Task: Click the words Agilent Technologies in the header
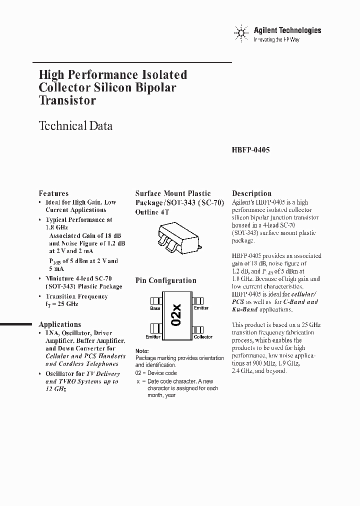tap(287, 30)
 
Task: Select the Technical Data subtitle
tap(75, 126)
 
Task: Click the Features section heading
tap(54, 193)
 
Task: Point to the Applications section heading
tap(60, 324)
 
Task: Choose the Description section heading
tap(252, 193)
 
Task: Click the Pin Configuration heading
tap(166, 280)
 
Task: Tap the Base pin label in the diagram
tap(155, 308)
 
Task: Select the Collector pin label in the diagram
tap(203, 337)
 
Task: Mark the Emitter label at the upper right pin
tap(201, 308)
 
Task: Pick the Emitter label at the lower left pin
tap(153, 337)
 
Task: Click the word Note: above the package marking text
tap(142, 351)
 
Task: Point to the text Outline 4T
tap(153, 212)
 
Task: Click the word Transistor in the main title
tap(67, 100)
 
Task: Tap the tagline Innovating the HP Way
tap(276, 39)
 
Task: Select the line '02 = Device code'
tap(156, 373)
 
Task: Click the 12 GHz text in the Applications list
tap(56, 388)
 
